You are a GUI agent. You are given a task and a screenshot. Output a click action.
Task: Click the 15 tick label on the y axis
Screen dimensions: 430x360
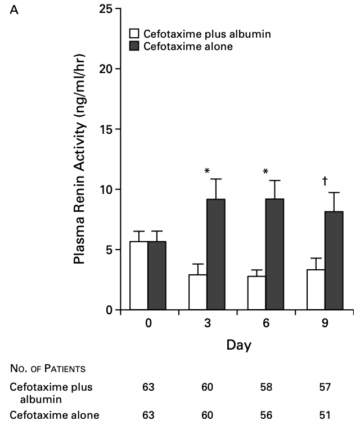(x=105, y=129)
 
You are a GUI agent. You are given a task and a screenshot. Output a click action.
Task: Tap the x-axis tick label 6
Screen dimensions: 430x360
(x=266, y=324)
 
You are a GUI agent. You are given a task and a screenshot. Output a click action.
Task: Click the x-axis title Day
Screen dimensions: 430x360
(x=238, y=345)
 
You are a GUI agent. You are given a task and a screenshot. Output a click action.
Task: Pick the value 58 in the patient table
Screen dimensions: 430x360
(x=266, y=387)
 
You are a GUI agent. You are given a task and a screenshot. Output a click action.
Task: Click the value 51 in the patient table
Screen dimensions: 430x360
(x=325, y=415)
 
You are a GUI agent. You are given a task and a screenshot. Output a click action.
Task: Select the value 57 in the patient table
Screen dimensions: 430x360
(x=325, y=387)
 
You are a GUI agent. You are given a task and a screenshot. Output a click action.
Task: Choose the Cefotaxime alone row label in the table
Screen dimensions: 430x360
(x=55, y=415)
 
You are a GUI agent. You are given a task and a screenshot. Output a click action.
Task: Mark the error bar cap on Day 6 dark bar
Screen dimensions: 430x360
(x=274, y=180)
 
